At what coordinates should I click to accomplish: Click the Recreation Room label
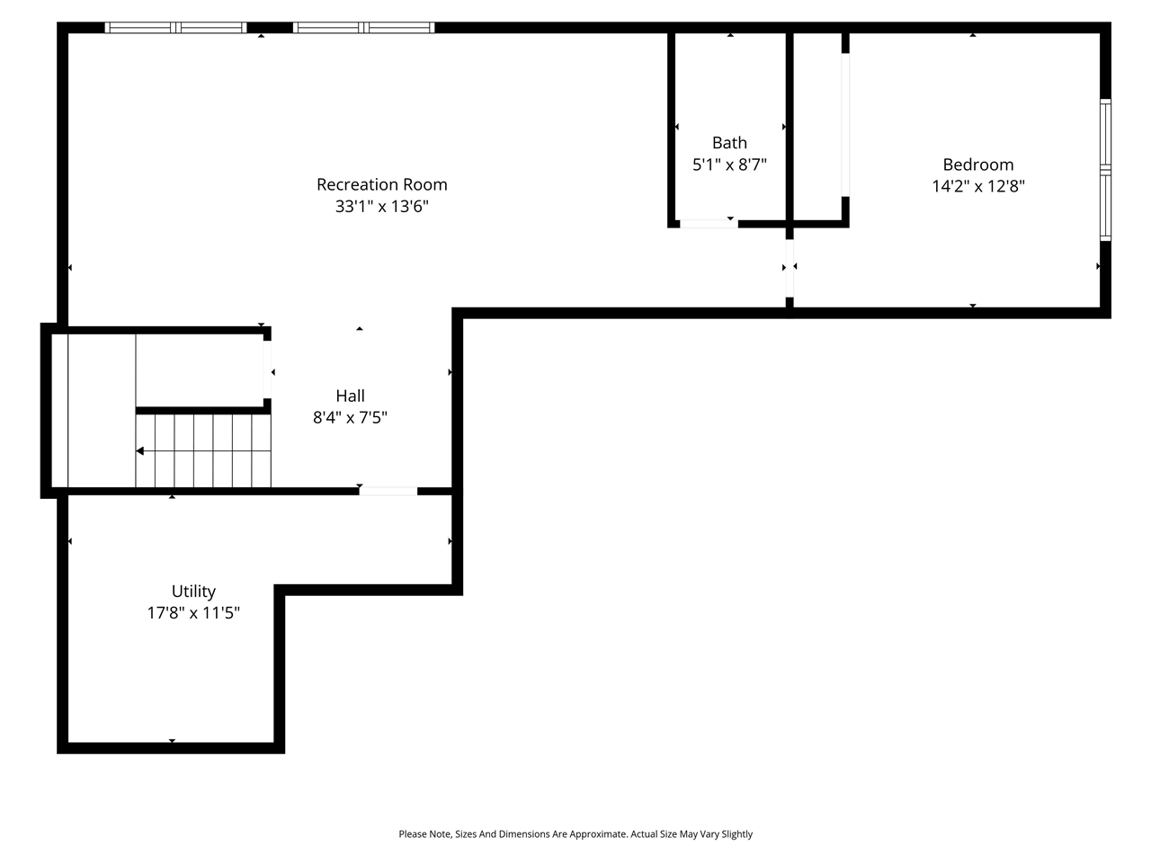[x=381, y=184]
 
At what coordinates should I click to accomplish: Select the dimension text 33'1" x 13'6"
[x=381, y=207]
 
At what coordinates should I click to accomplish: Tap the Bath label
[x=729, y=142]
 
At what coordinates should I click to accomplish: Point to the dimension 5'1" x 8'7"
[x=729, y=165]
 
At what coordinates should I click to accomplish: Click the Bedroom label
[x=977, y=165]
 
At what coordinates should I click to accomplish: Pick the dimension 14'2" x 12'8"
[x=977, y=187]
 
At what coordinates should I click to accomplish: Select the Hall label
[x=350, y=396]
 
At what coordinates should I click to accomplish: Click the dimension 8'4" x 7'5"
[x=350, y=418]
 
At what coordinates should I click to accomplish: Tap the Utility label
[x=193, y=591]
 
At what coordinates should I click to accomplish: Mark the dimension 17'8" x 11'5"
[x=193, y=614]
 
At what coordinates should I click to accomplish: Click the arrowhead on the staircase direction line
[x=139, y=450]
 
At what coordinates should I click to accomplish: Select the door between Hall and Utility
[x=388, y=491]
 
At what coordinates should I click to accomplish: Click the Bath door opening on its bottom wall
[x=708, y=223]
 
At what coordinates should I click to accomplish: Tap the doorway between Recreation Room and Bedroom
[x=790, y=267]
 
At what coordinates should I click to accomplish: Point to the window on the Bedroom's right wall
[x=1105, y=169]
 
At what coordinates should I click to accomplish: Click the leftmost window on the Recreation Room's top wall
[x=175, y=28]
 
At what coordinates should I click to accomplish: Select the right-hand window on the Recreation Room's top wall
[x=364, y=28]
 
